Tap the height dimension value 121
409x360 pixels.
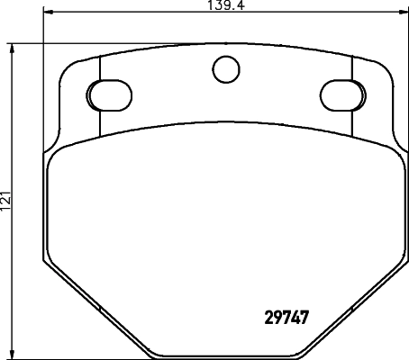tap(7, 201)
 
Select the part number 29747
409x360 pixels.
tap(287, 318)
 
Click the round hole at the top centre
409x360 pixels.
tap(223, 67)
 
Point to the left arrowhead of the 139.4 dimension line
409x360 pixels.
tap(47, 14)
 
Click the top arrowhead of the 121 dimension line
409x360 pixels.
tap(13, 47)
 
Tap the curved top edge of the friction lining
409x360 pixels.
tap(223, 120)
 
